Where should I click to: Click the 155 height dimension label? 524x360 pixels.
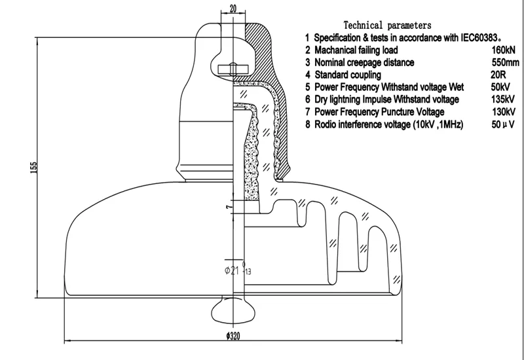[x=34, y=168]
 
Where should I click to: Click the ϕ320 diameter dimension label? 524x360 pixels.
[x=233, y=336]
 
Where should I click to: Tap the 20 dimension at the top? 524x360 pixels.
[x=233, y=9]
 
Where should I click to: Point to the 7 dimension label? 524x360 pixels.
[x=229, y=207]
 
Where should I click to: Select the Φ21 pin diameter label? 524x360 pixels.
[x=232, y=270]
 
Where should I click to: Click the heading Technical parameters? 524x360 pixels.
[x=387, y=26]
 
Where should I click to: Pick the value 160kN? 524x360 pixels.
[x=503, y=50]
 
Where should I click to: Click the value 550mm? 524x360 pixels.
[x=505, y=62]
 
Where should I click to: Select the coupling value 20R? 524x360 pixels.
[x=498, y=75]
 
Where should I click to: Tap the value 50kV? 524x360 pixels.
[x=500, y=87]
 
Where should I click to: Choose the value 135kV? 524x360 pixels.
[x=503, y=99]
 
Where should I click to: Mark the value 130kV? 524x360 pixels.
[x=503, y=112]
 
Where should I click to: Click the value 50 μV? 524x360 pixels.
[x=503, y=124]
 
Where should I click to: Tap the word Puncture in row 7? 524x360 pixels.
[x=398, y=112]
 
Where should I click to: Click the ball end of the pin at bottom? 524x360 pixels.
[x=233, y=310]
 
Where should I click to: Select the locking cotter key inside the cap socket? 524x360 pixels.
[x=233, y=69]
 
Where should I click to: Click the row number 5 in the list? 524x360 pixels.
[x=307, y=87]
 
